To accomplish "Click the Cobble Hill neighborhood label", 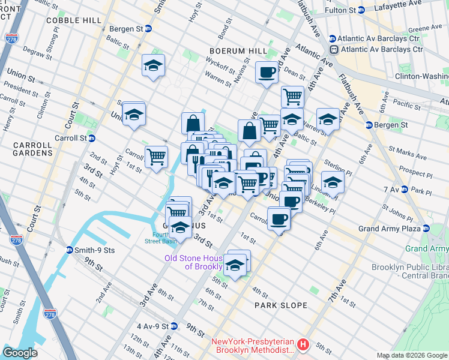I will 74,20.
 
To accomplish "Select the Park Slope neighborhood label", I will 280,305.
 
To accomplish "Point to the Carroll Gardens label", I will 26,149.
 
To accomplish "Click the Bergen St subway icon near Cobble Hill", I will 148,28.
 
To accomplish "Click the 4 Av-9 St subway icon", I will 174,326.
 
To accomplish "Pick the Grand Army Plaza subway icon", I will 426,229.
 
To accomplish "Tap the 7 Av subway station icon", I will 406,190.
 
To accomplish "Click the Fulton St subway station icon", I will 361,10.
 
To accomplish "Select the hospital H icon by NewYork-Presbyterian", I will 303,346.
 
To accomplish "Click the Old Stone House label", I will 195,262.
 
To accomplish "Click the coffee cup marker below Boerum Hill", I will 267,73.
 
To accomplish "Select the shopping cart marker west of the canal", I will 156,157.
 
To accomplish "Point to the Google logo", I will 20,353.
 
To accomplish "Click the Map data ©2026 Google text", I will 411,355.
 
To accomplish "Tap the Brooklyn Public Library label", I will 410,271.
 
